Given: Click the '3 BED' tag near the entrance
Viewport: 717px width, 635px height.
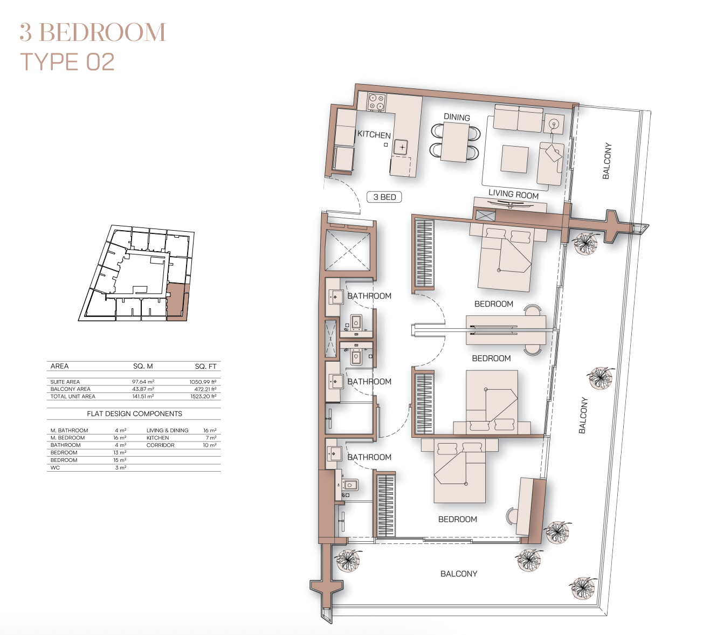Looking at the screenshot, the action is pos(384,197).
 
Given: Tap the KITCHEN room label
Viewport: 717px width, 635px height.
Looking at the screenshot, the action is pos(374,135).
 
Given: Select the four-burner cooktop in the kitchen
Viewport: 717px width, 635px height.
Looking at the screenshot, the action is pos(376,101).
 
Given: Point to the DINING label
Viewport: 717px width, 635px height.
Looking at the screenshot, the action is pos(457,117).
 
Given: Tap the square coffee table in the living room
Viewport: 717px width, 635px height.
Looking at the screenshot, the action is pos(514,160).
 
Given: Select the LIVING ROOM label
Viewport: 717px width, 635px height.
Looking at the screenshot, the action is pos(513,194).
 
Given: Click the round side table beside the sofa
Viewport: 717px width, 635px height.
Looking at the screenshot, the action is pos(554,124).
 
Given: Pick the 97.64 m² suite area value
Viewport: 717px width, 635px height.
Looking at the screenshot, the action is pos(143,382).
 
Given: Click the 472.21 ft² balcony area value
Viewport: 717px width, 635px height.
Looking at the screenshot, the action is pos(205,389).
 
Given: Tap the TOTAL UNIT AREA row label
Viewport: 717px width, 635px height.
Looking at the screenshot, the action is pos(73,396).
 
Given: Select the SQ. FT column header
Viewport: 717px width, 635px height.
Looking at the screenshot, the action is pos(205,367).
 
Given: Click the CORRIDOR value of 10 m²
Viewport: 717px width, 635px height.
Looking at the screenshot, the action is pos(210,445).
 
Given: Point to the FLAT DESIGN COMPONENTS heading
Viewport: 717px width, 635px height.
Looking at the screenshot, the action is pos(134,413).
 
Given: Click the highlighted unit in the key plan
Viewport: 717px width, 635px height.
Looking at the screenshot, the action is pos(176,301).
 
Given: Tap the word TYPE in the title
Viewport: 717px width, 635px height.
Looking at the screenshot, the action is pos(49,62).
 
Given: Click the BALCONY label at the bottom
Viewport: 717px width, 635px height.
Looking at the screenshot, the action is pos(459,574).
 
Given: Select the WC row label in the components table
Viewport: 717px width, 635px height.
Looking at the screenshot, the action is pos(55,467).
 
